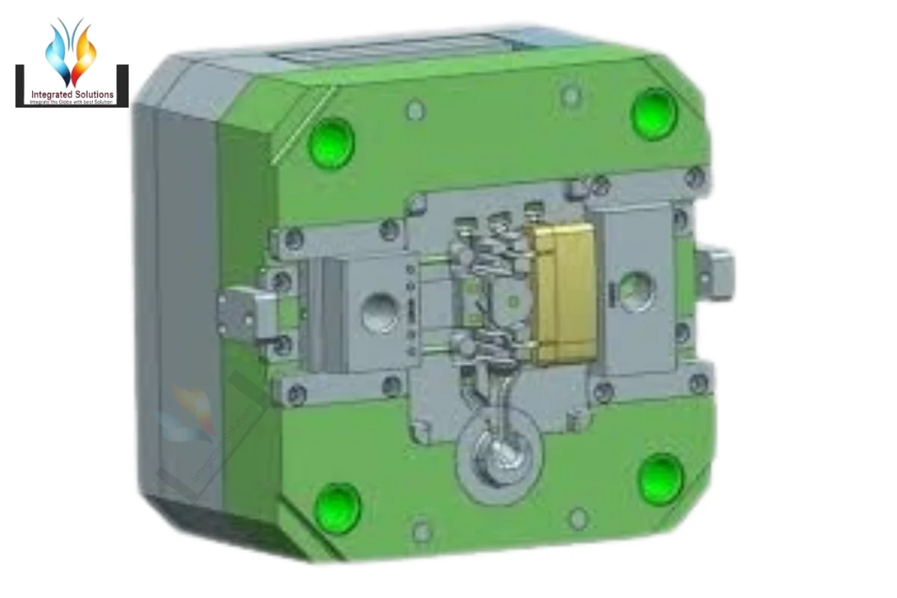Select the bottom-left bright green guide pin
point(337,508)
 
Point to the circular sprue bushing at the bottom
point(496,459)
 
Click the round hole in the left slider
point(380,312)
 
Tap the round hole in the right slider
point(635,289)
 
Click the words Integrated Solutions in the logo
point(73,95)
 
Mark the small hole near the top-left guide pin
point(416,111)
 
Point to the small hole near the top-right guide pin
point(570,95)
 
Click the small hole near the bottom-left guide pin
point(422,531)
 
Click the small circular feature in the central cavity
point(512,300)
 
